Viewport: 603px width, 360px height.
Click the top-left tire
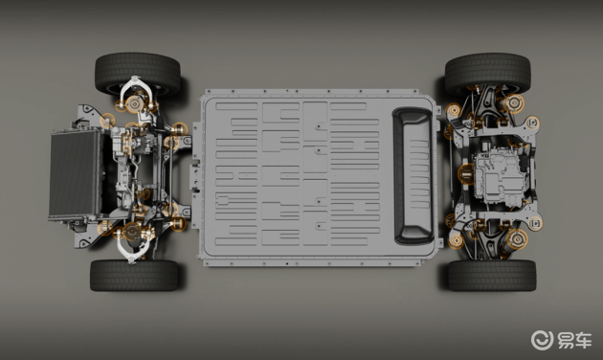[138, 73]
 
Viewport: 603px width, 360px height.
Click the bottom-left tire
[134, 275]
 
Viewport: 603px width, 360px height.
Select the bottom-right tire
[492, 275]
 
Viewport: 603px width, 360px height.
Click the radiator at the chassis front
[75, 173]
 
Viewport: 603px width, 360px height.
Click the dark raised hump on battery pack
[413, 175]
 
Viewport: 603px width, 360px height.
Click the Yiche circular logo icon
[542, 340]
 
